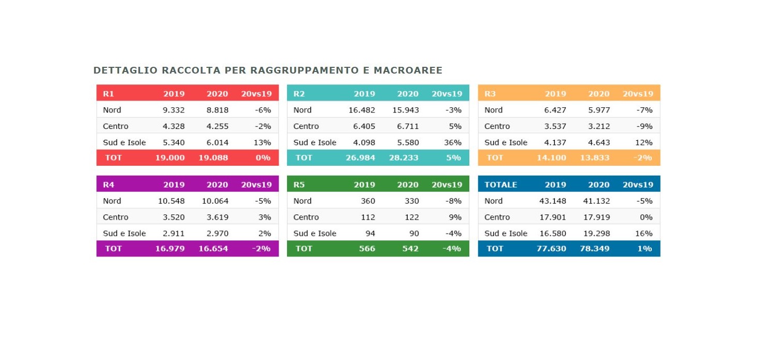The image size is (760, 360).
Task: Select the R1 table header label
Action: tap(108, 94)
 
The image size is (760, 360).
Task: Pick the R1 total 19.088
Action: tap(213, 157)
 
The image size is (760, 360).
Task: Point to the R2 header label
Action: tap(299, 94)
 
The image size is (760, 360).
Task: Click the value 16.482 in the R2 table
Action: tap(362, 110)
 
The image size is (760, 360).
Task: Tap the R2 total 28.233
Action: tap(404, 157)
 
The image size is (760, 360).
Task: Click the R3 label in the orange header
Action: tap(490, 94)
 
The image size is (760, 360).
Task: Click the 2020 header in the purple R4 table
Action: tap(217, 184)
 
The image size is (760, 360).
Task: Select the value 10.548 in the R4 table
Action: tap(171, 201)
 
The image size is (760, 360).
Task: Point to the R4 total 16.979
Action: tap(170, 249)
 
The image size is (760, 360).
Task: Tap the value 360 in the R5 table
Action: tap(368, 201)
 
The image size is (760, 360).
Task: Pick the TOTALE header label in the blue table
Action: tap(500, 184)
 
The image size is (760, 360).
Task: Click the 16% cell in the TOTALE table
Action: tap(643, 234)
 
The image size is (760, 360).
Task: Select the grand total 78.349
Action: tap(595, 249)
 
